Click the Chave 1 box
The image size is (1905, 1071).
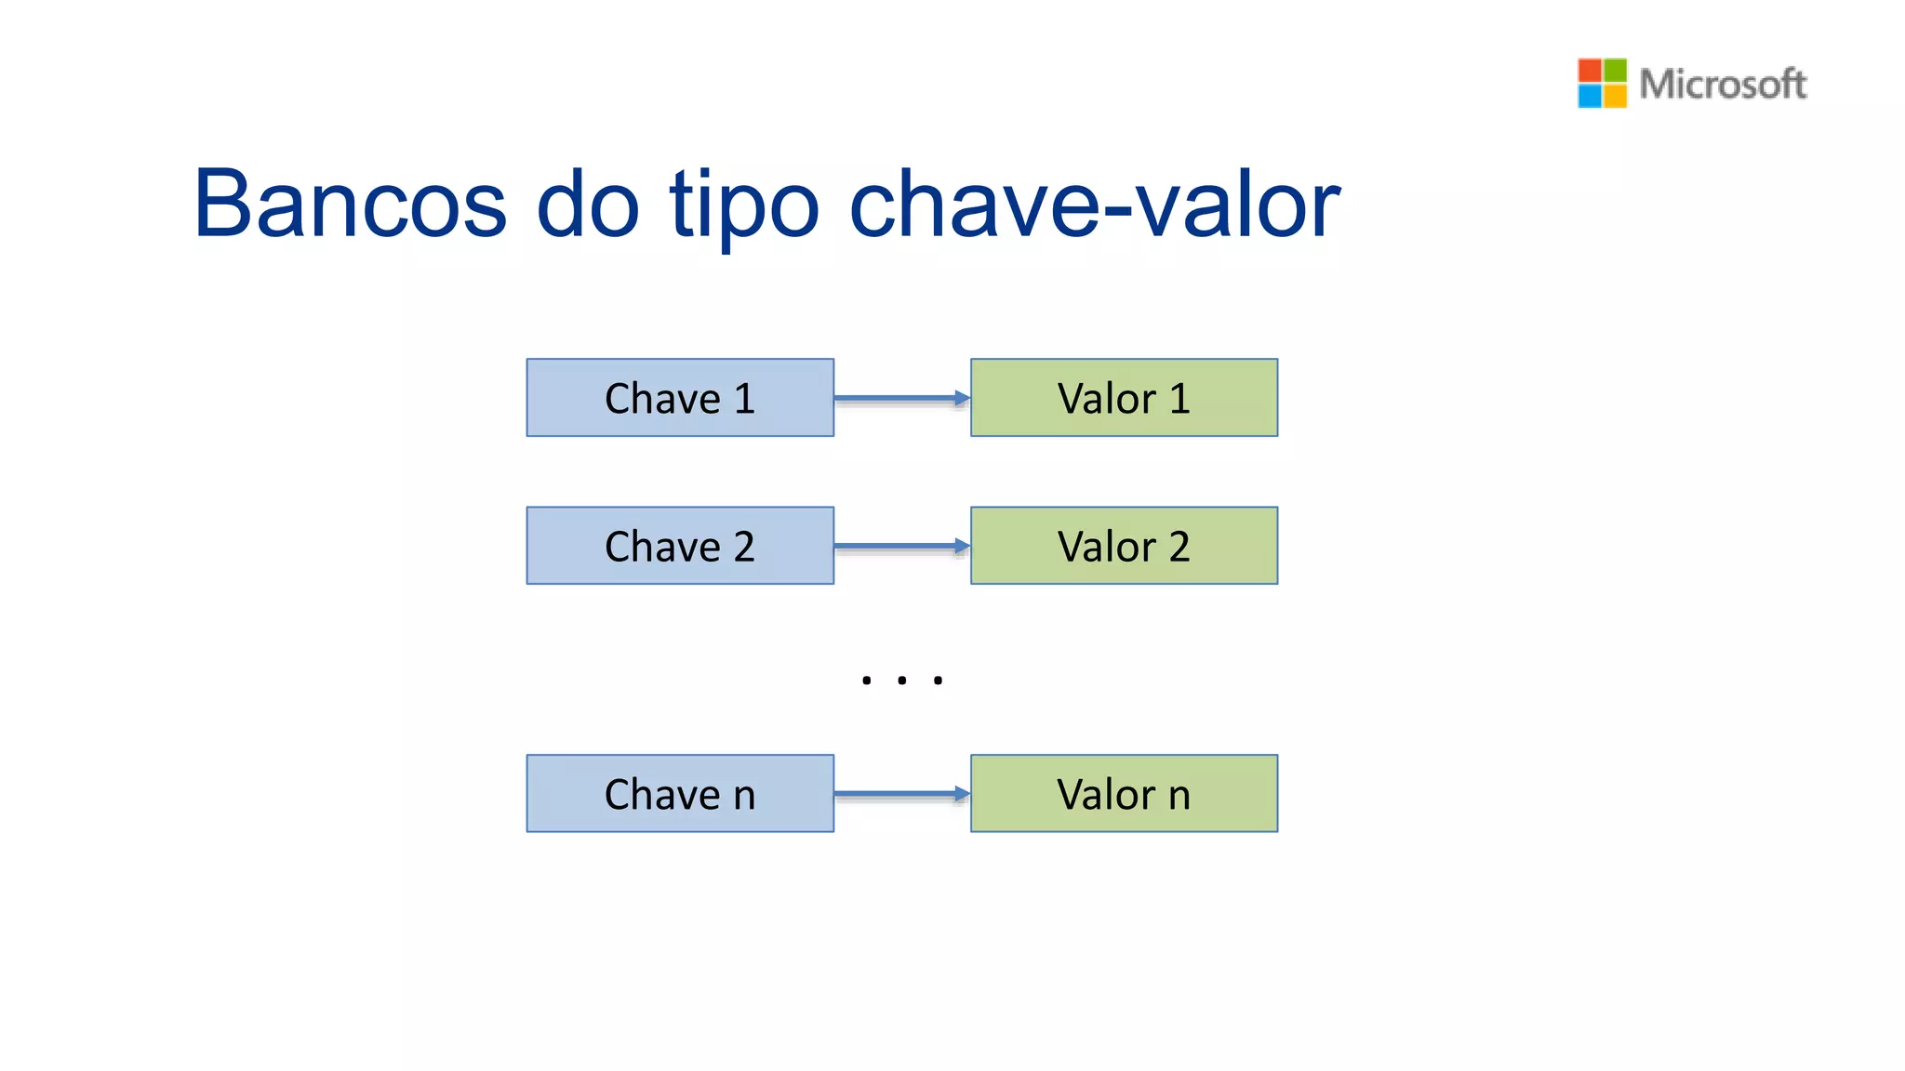click(x=680, y=398)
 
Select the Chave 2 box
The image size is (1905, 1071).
click(x=680, y=546)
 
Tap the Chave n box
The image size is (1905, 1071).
click(x=680, y=793)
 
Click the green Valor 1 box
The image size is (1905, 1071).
click(x=1124, y=398)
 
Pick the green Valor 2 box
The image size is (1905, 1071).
click(x=1124, y=546)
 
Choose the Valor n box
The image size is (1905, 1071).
click(x=1124, y=793)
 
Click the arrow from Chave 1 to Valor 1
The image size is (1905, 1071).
click(x=901, y=399)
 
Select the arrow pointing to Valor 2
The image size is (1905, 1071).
click(x=901, y=547)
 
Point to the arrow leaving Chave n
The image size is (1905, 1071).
click(x=901, y=794)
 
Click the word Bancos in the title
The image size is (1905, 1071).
click(x=351, y=205)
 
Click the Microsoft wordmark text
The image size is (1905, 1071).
click(x=1722, y=84)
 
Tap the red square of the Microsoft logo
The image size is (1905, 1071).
click(x=1590, y=71)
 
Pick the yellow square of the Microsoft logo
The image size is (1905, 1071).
click(x=1615, y=96)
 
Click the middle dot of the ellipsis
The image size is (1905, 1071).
click(x=902, y=681)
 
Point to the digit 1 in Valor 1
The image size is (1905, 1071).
click(x=1179, y=399)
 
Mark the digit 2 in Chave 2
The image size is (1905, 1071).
click(x=743, y=547)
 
